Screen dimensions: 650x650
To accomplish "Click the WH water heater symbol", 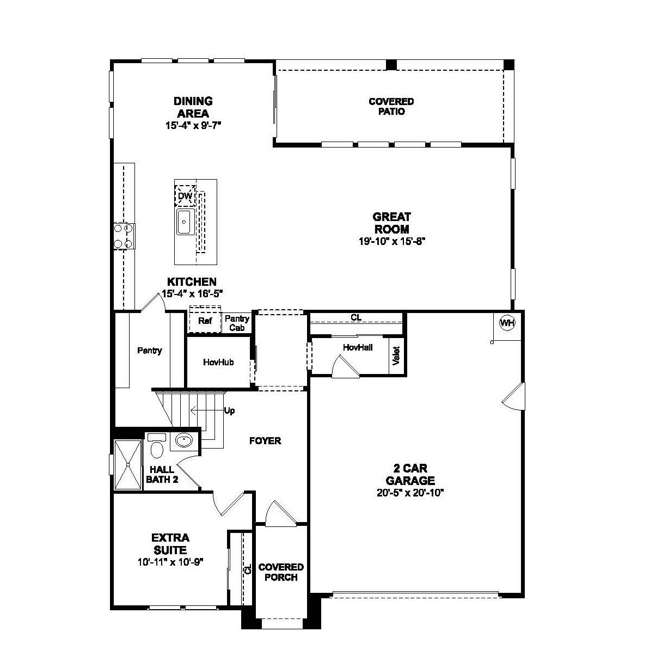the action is (x=507, y=323).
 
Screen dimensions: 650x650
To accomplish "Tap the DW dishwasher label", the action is (x=185, y=196).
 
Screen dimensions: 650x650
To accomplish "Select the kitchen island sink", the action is (x=184, y=222).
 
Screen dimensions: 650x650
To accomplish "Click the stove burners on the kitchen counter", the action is (x=124, y=236).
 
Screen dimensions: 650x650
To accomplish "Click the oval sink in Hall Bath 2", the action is (x=183, y=440).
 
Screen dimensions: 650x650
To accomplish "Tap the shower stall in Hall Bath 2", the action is (x=128, y=464).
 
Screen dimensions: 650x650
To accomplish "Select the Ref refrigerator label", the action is (x=205, y=321).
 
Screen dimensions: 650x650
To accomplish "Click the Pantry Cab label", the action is (x=237, y=323).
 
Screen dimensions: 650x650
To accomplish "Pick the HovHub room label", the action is (x=218, y=363).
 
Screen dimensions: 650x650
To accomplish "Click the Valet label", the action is (x=396, y=355).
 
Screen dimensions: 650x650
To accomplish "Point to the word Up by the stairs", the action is (x=229, y=411).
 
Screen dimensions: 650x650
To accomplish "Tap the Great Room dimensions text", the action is (x=392, y=241).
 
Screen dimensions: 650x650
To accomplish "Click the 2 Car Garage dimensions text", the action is (x=410, y=493).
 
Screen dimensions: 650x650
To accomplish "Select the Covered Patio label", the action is (x=391, y=107).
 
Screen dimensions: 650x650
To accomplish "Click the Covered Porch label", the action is (x=281, y=572).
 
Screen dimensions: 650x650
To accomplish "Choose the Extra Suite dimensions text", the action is (x=170, y=562).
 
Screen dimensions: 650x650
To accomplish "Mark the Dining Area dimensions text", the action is (x=193, y=126).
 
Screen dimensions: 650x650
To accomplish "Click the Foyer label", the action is (x=265, y=440).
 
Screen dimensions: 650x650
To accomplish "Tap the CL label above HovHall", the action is (x=356, y=317).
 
